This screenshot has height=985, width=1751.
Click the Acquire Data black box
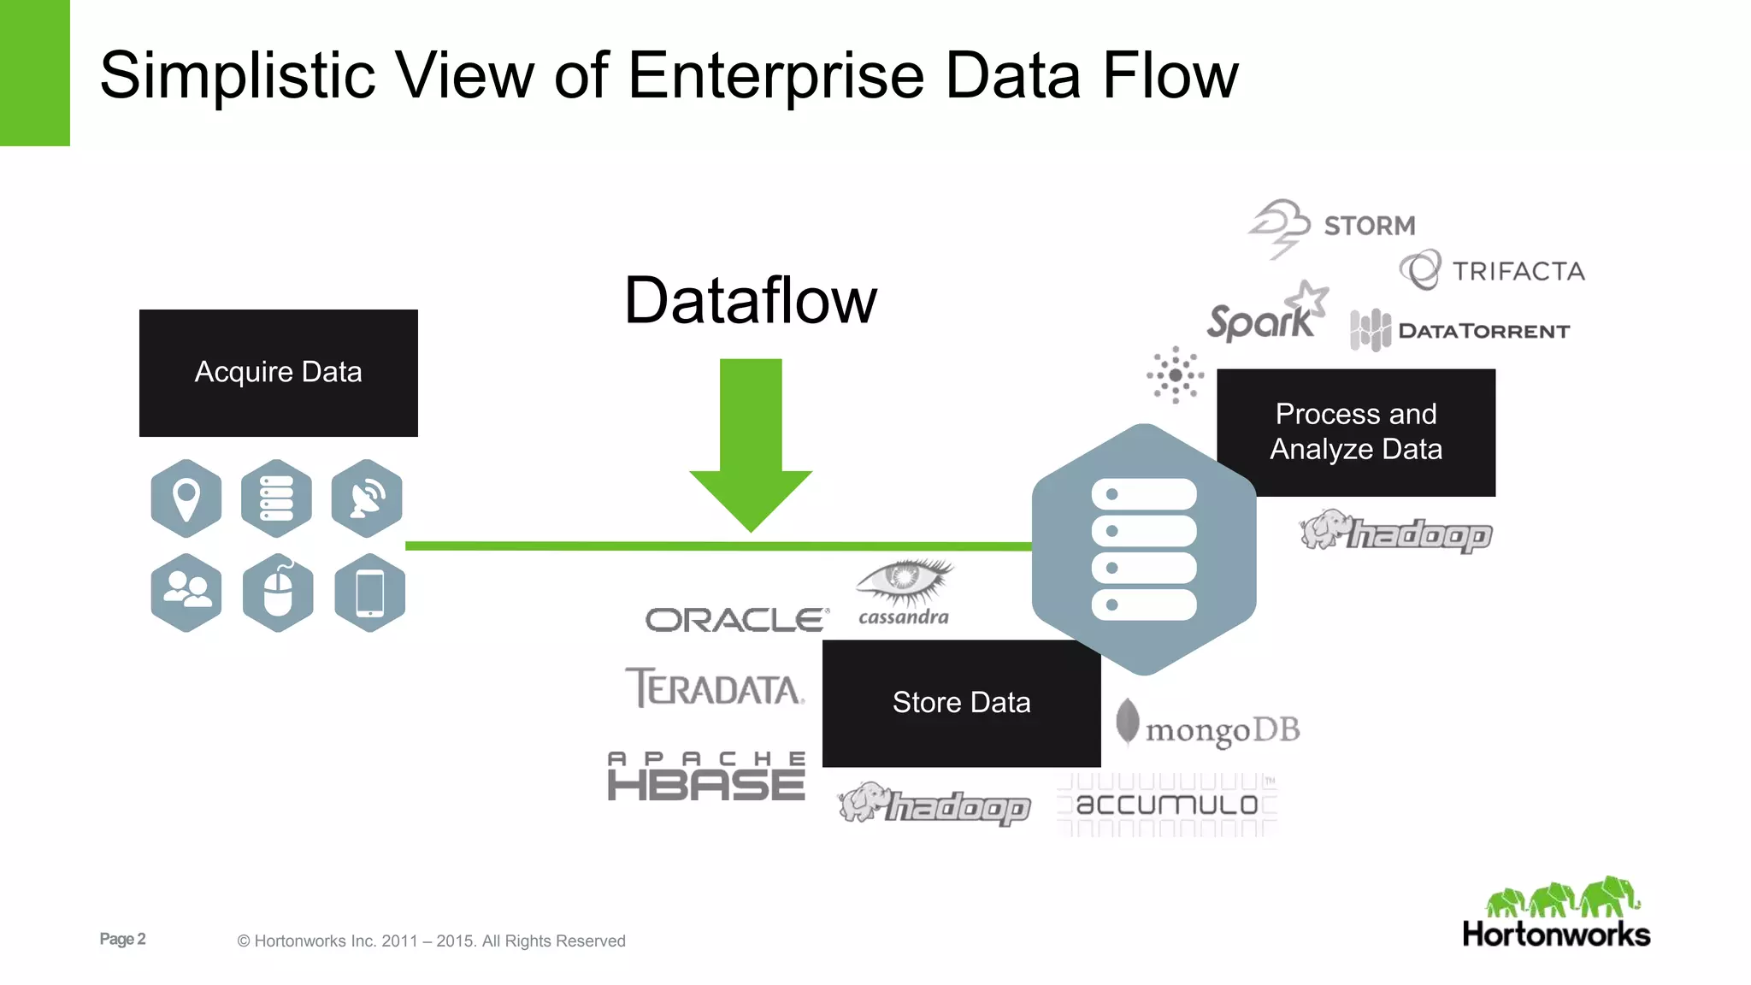[278, 373]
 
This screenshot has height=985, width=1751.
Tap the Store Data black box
[961, 703]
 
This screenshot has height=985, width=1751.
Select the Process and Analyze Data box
[1356, 432]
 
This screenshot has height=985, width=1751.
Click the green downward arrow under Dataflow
[751, 445]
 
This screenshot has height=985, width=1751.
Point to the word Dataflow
[751, 301]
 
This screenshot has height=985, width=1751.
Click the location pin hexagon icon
[186, 498]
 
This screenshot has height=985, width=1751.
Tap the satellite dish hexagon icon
[367, 498]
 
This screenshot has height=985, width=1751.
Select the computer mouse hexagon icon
[278, 593]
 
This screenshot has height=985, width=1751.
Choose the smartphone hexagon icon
[369, 593]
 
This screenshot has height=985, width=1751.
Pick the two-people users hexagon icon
[186, 593]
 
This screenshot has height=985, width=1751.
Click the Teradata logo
[715, 687]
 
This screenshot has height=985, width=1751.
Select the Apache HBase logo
[706, 777]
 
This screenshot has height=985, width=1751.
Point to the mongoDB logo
[1208, 728]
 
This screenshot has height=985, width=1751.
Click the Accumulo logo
[1167, 805]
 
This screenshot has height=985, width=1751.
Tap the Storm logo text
[1369, 226]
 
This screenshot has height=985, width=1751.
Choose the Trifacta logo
[1493, 271]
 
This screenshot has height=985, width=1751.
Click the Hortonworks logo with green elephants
[1556, 913]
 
